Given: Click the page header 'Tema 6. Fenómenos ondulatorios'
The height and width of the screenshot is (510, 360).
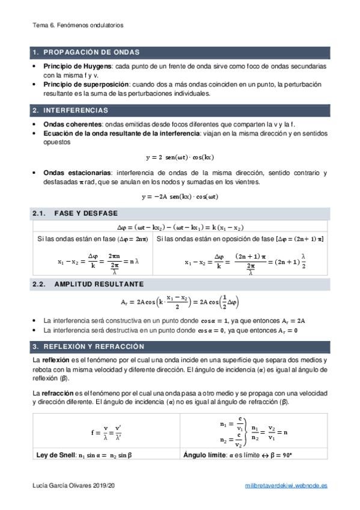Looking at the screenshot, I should pyautogui.click(x=78, y=26).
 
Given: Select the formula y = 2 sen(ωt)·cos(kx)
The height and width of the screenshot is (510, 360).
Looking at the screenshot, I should pyautogui.click(x=180, y=158).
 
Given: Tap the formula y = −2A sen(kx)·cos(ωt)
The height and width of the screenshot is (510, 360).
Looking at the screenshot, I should pyautogui.click(x=180, y=196).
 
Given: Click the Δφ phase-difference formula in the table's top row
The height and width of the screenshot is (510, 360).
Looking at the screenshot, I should pyautogui.click(x=179, y=227).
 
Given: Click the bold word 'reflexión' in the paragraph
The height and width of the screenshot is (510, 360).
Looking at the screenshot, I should pyautogui.click(x=56, y=360).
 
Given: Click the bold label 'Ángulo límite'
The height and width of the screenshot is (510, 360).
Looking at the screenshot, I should pyautogui.click(x=203, y=455).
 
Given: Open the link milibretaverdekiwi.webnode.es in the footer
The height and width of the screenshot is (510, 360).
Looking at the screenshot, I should pyautogui.click(x=287, y=485).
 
